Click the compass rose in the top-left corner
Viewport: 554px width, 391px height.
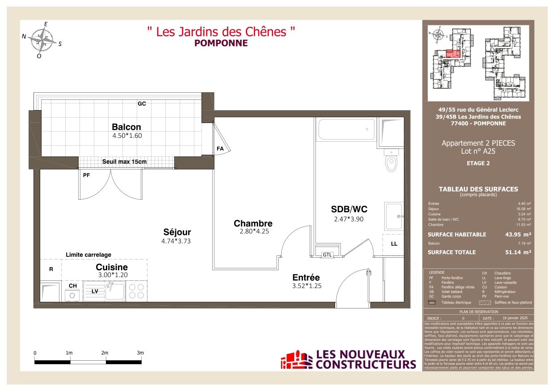pos(42,40)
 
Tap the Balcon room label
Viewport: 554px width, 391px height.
pos(126,127)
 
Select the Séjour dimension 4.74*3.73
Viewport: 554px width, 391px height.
pos(177,241)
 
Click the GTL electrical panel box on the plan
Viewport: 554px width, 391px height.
pos(327,254)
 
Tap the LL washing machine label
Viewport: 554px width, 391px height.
pos(394,244)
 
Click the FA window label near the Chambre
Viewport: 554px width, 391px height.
pos(220,148)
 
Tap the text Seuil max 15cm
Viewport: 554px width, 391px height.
pos(124,161)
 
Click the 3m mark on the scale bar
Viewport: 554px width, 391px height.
pos(140,353)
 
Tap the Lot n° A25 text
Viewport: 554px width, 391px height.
pos(478,151)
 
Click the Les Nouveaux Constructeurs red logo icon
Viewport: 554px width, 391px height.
pos(296,360)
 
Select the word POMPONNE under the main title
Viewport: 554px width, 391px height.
pos(221,43)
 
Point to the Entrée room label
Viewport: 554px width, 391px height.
pos(306,277)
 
